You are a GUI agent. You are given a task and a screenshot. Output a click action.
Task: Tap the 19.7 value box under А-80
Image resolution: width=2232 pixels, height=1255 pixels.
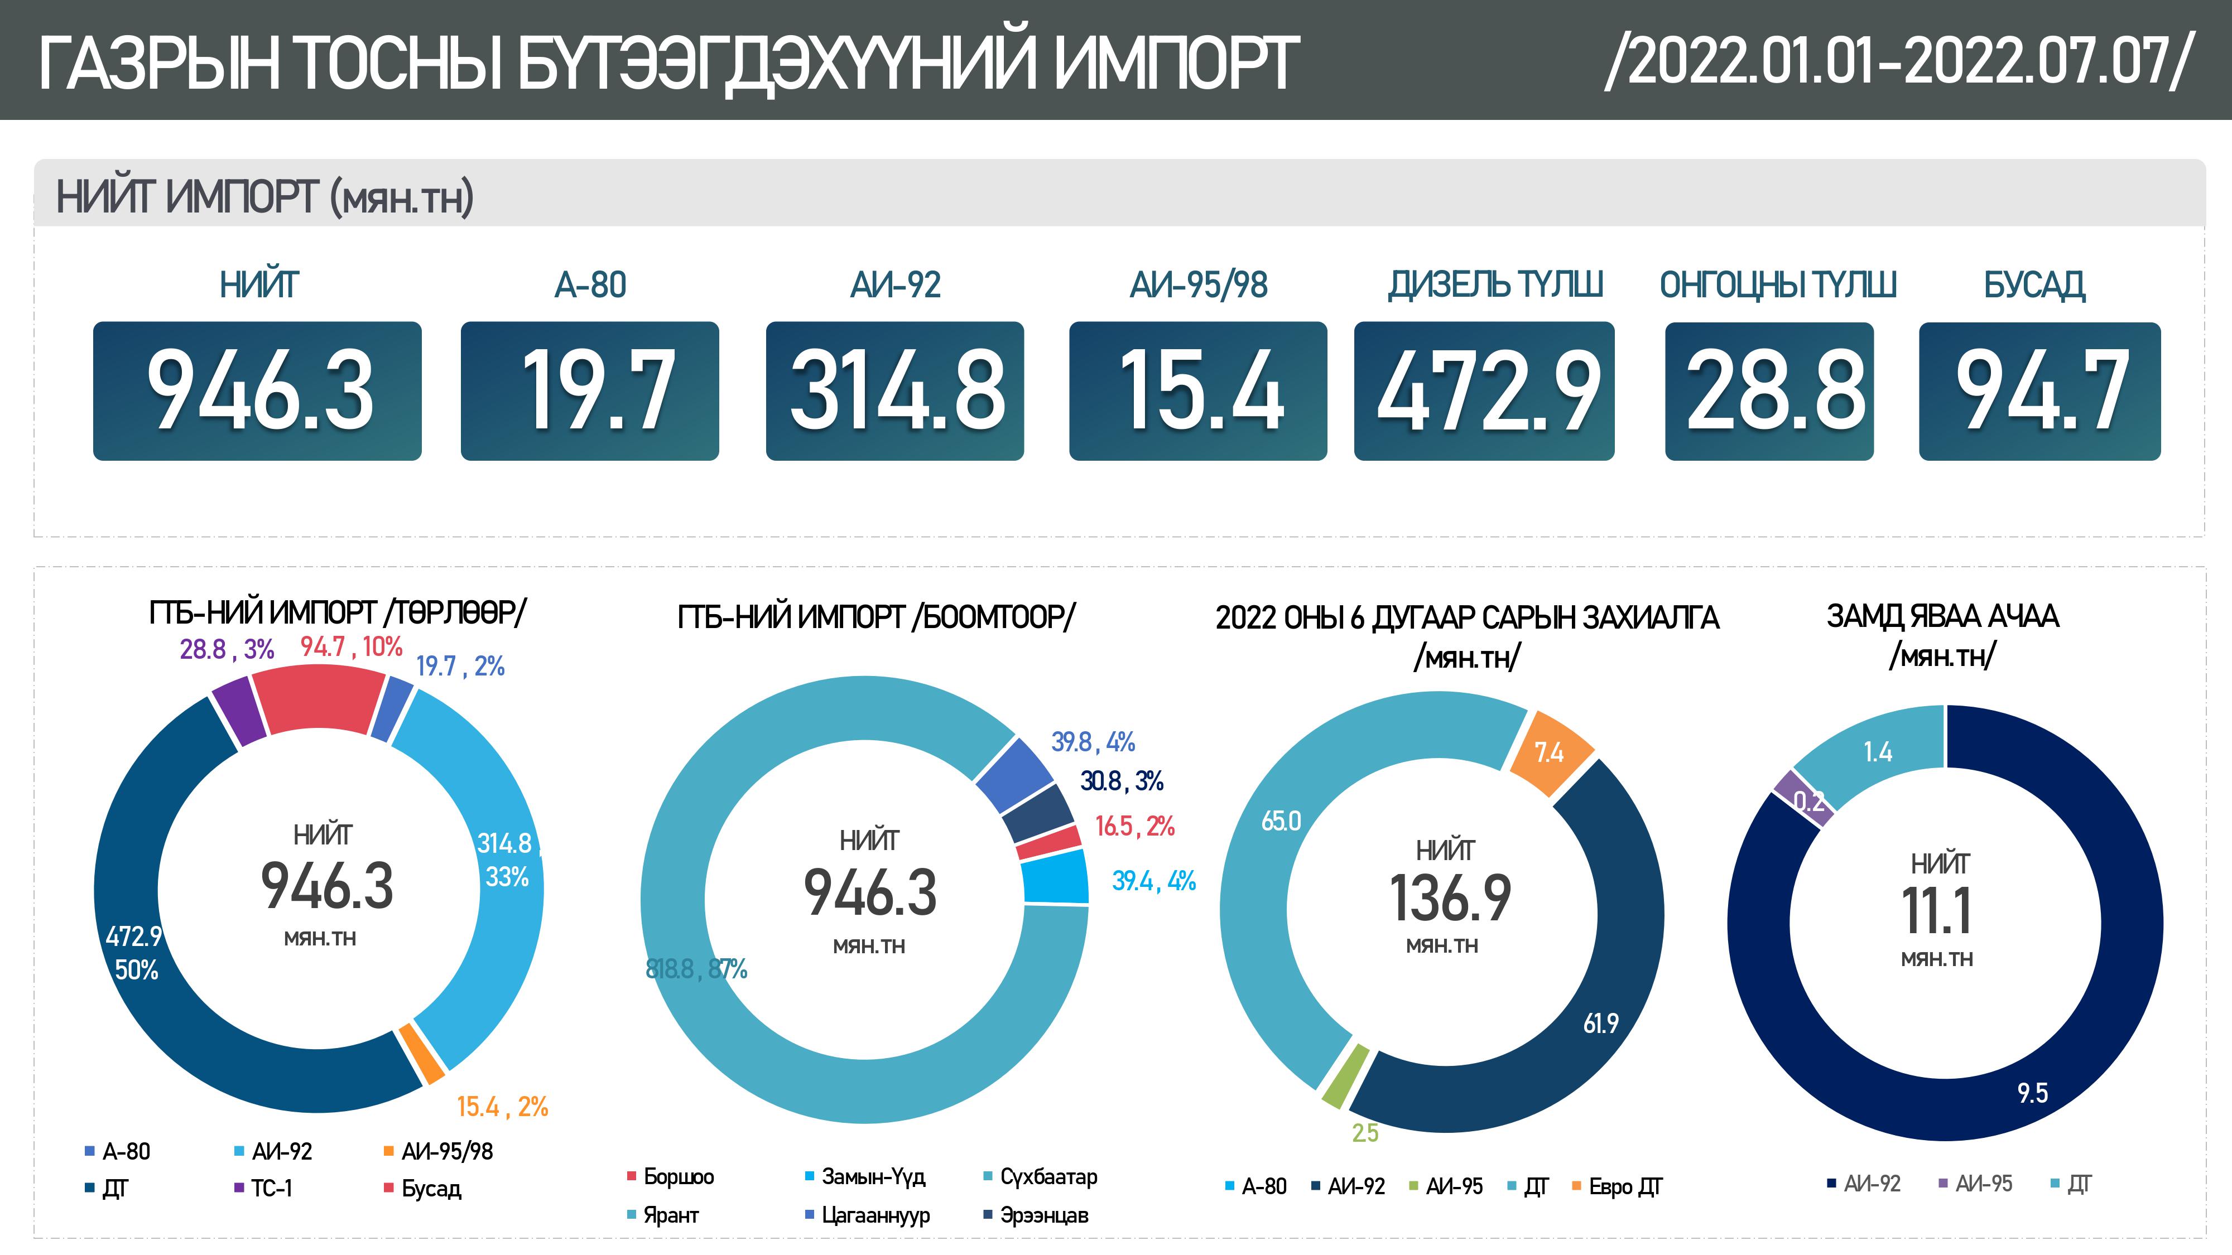click(x=589, y=390)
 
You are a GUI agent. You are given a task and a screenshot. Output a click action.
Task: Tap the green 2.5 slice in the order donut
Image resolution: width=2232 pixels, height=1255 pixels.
click(x=1345, y=1077)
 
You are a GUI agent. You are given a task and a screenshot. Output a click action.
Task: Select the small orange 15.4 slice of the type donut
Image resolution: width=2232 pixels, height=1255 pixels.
click(x=421, y=1053)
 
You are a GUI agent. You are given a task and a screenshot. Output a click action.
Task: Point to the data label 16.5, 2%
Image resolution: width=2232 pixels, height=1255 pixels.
click(x=1134, y=826)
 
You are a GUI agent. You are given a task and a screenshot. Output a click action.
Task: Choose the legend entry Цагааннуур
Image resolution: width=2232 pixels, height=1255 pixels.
click(x=874, y=1215)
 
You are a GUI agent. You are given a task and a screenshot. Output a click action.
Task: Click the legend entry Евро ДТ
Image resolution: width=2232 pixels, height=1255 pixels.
click(x=1624, y=1186)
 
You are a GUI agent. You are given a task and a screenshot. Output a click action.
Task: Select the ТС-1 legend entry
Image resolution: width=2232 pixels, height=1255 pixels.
click(x=270, y=1188)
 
